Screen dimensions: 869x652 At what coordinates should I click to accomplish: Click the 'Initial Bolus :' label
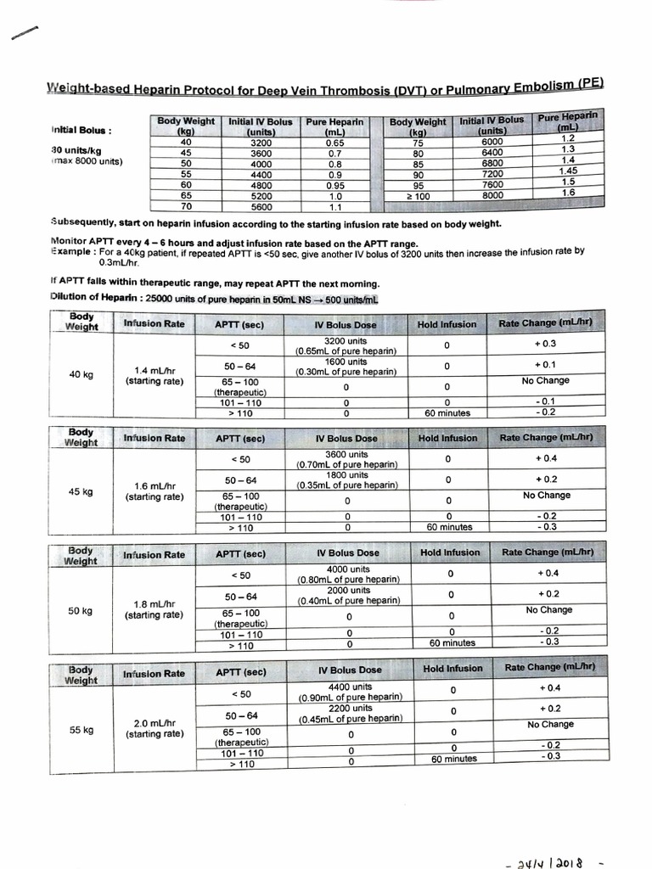[81, 130]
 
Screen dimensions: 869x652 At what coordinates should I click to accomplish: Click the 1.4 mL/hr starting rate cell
[155, 376]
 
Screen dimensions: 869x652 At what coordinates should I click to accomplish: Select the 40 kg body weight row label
[81, 375]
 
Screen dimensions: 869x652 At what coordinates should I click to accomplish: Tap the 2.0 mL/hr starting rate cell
[155, 728]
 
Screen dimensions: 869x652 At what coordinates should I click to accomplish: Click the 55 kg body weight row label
[81, 729]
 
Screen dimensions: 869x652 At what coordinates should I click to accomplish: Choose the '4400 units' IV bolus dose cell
[349, 692]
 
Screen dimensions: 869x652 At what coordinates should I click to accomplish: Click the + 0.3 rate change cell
[545, 344]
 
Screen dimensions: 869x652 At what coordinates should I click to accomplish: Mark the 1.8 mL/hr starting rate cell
[155, 609]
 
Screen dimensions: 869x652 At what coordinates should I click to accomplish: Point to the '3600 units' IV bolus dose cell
[346, 459]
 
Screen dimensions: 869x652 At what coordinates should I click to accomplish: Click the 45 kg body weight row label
[81, 491]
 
